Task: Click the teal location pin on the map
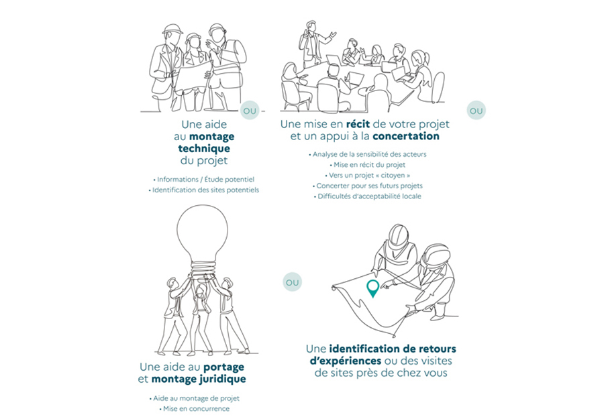[372, 288]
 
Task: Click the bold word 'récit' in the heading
[361, 124]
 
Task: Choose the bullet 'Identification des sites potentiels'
[205, 190]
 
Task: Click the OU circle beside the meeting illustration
[476, 110]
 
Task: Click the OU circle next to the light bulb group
[292, 282]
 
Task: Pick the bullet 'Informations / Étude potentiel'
[205, 179]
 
